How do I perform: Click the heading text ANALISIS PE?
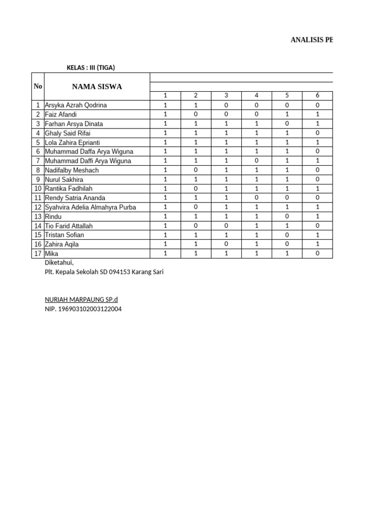311,40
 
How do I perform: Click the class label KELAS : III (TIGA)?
94,68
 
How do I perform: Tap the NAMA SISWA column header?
97,87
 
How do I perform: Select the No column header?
38,86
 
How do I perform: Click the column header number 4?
256,96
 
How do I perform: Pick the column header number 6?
317,96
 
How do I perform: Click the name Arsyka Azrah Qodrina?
76,105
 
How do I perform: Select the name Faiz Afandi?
60,114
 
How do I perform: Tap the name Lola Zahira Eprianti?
72,143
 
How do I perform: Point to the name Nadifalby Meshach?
72,170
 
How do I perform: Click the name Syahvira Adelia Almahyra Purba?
90,207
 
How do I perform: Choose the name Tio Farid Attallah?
69,226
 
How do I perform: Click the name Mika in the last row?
51,253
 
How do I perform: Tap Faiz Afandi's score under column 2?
196,114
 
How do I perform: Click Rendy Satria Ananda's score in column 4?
256,198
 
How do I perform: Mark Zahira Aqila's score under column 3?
226,244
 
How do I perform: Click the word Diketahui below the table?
59,262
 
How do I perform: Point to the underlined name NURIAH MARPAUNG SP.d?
81,299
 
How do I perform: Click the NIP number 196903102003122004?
83,308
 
